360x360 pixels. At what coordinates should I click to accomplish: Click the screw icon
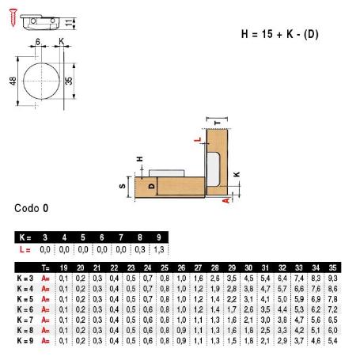click(x=13, y=17)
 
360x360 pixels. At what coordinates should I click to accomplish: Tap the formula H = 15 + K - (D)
click(x=279, y=34)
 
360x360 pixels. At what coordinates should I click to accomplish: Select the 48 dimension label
click(x=13, y=81)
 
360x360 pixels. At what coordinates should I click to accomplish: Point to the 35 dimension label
click(x=68, y=81)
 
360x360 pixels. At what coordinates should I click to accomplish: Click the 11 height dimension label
click(x=69, y=23)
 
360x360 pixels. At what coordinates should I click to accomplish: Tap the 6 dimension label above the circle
click(x=38, y=42)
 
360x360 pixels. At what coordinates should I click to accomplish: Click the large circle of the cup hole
click(x=41, y=81)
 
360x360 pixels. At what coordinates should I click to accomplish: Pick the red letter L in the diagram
click(x=198, y=139)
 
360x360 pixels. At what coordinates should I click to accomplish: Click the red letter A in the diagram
click(x=226, y=201)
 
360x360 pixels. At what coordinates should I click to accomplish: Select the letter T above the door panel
click(x=217, y=123)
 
